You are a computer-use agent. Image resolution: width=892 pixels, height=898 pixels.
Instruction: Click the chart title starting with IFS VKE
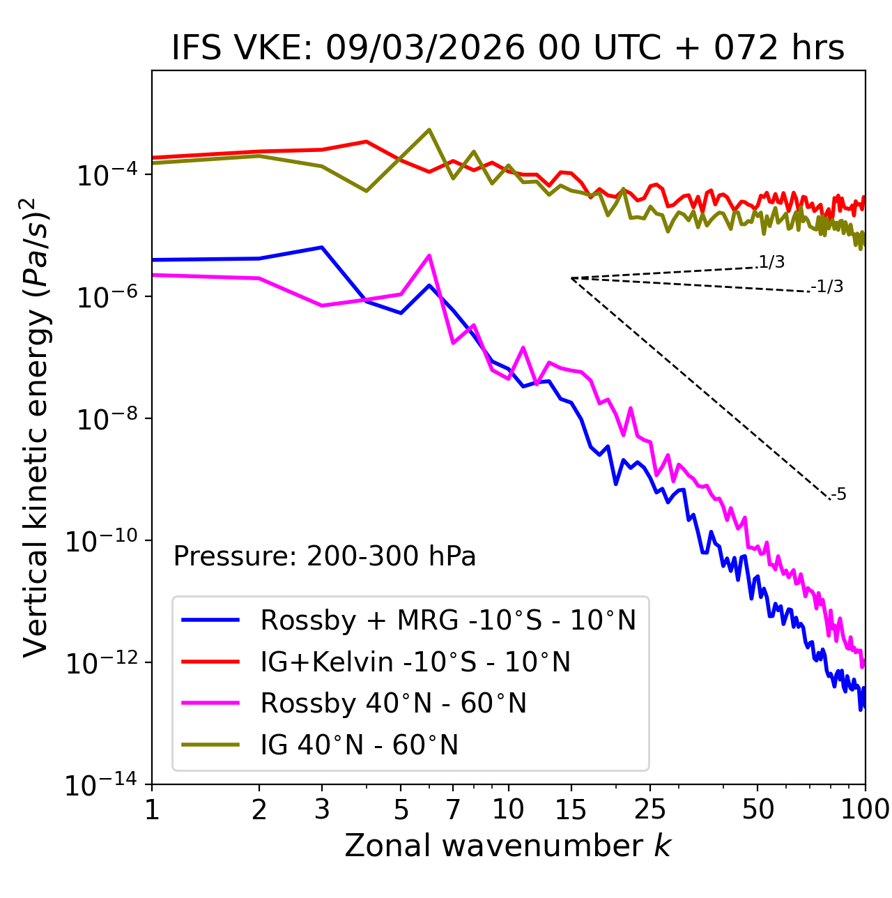508,49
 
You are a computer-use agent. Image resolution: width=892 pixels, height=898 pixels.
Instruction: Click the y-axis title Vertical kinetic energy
36,427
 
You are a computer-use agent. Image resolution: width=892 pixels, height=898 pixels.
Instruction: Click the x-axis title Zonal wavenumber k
508,846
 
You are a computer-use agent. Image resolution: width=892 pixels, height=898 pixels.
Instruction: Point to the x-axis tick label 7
453,809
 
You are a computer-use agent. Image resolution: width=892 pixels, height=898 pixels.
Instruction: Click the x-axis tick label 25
650,809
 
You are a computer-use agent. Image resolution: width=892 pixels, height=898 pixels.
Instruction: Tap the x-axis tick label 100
864,809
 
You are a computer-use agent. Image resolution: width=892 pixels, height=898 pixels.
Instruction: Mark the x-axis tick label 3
322,809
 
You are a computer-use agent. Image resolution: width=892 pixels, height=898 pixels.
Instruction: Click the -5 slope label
838,495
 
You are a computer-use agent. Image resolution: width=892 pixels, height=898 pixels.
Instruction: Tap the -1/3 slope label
827,287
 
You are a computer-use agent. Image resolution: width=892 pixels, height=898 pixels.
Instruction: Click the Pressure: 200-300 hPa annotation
324,556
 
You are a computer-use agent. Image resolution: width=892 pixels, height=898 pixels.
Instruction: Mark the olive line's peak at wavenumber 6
429,130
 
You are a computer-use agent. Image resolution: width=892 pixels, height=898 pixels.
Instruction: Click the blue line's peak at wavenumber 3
322,248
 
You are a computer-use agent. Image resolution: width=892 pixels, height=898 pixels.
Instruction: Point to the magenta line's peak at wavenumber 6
429,255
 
